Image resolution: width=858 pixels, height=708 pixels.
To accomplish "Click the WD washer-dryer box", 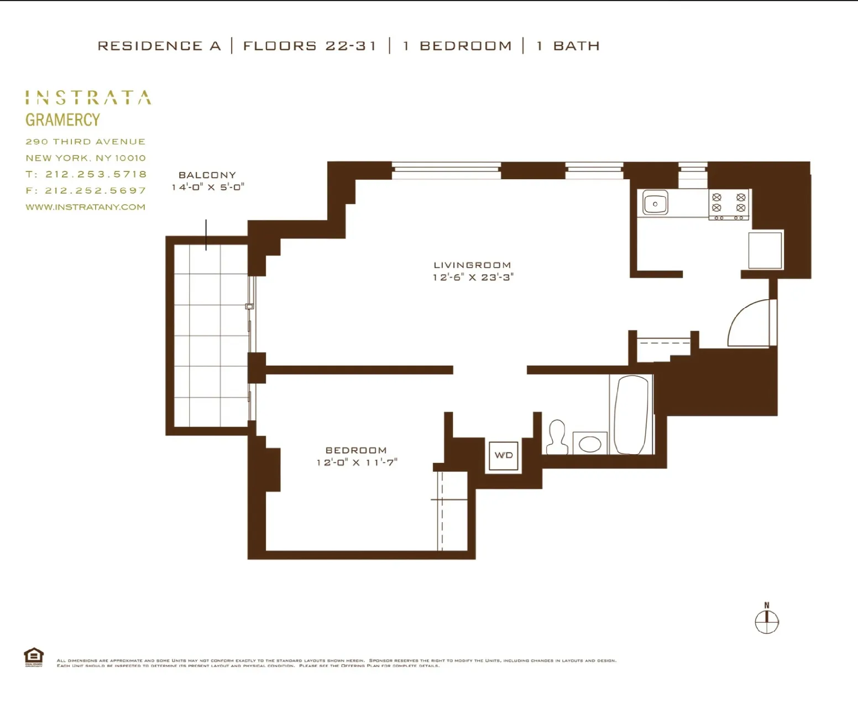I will (504, 456).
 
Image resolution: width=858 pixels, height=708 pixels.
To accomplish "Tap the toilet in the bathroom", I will (557, 437).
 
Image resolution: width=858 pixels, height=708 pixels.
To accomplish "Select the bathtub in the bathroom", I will (631, 415).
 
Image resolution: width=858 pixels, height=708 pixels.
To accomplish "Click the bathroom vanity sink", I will (590, 444).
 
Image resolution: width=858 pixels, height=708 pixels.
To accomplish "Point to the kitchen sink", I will (655, 203).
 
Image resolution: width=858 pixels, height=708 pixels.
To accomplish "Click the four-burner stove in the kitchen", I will (729, 203).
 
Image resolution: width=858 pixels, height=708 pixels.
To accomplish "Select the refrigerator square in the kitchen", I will (765, 251).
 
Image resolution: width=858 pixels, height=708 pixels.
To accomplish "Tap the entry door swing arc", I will (749, 324).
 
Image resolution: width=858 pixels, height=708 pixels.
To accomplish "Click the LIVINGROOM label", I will (472, 265).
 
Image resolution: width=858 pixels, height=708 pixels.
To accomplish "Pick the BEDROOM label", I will (356, 450).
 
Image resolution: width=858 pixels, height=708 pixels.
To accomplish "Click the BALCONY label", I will (207, 175).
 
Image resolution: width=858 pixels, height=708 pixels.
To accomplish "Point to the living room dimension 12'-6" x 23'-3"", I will (473, 278).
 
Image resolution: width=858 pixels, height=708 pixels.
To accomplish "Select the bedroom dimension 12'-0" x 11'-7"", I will (357, 462).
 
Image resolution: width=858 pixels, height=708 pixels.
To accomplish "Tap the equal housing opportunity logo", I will (34, 657).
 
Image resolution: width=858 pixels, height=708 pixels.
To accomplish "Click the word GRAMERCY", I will (62, 120).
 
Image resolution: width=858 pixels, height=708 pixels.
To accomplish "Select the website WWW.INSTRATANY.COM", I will (86, 207).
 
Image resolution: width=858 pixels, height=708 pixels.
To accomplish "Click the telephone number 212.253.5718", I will (96, 174).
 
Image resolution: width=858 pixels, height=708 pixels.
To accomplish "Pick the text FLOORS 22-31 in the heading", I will (310, 46).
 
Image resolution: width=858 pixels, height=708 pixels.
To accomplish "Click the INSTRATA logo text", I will (88, 98).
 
